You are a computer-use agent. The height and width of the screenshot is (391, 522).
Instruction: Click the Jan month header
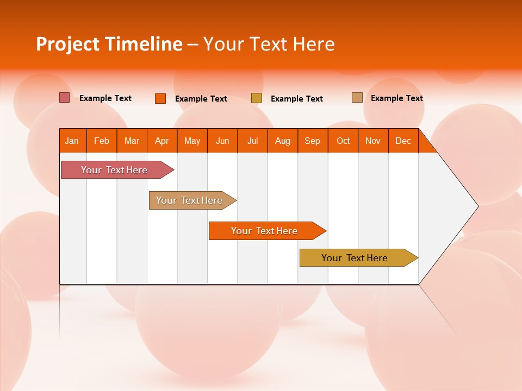click(72, 141)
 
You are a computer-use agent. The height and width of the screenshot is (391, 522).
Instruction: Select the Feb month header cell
click(102, 141)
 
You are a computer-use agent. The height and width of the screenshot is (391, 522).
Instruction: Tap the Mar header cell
click(132, 141)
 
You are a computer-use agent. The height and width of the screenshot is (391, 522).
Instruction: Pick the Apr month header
click(162, 141)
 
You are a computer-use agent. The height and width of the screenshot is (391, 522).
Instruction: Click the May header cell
click(192, 141)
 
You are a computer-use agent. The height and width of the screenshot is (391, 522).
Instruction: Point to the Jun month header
click(222, 141)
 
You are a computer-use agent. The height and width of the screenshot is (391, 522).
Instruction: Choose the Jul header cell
click(252, 141)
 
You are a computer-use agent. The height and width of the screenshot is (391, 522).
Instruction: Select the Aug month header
click(283, 141)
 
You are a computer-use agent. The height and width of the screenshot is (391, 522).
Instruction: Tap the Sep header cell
click(313, 141)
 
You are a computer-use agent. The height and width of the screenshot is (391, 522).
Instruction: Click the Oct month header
click(343, 141)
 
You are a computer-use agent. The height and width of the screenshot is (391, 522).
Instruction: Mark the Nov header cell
click(373, 141)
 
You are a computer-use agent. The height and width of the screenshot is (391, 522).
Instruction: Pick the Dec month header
click(403, 141)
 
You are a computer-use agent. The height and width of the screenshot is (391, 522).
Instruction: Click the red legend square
click(65, 98)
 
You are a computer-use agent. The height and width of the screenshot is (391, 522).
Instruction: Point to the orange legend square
click(160, 98)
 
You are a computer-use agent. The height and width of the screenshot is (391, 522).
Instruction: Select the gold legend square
click(257, 98)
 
